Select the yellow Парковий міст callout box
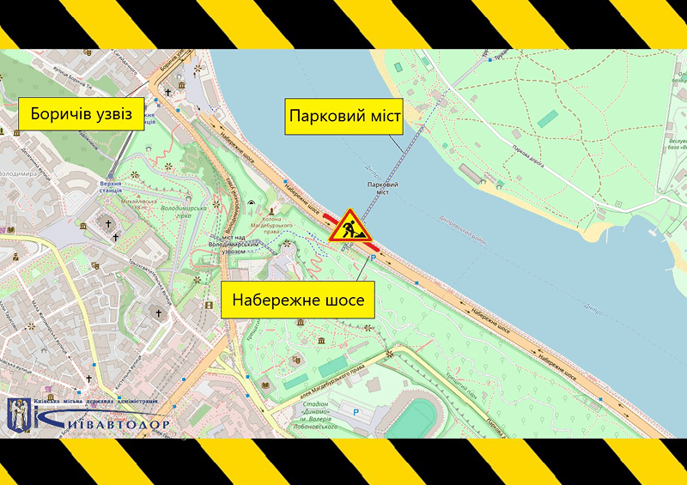tap(343, 116)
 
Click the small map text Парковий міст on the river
tap(381, 188)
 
